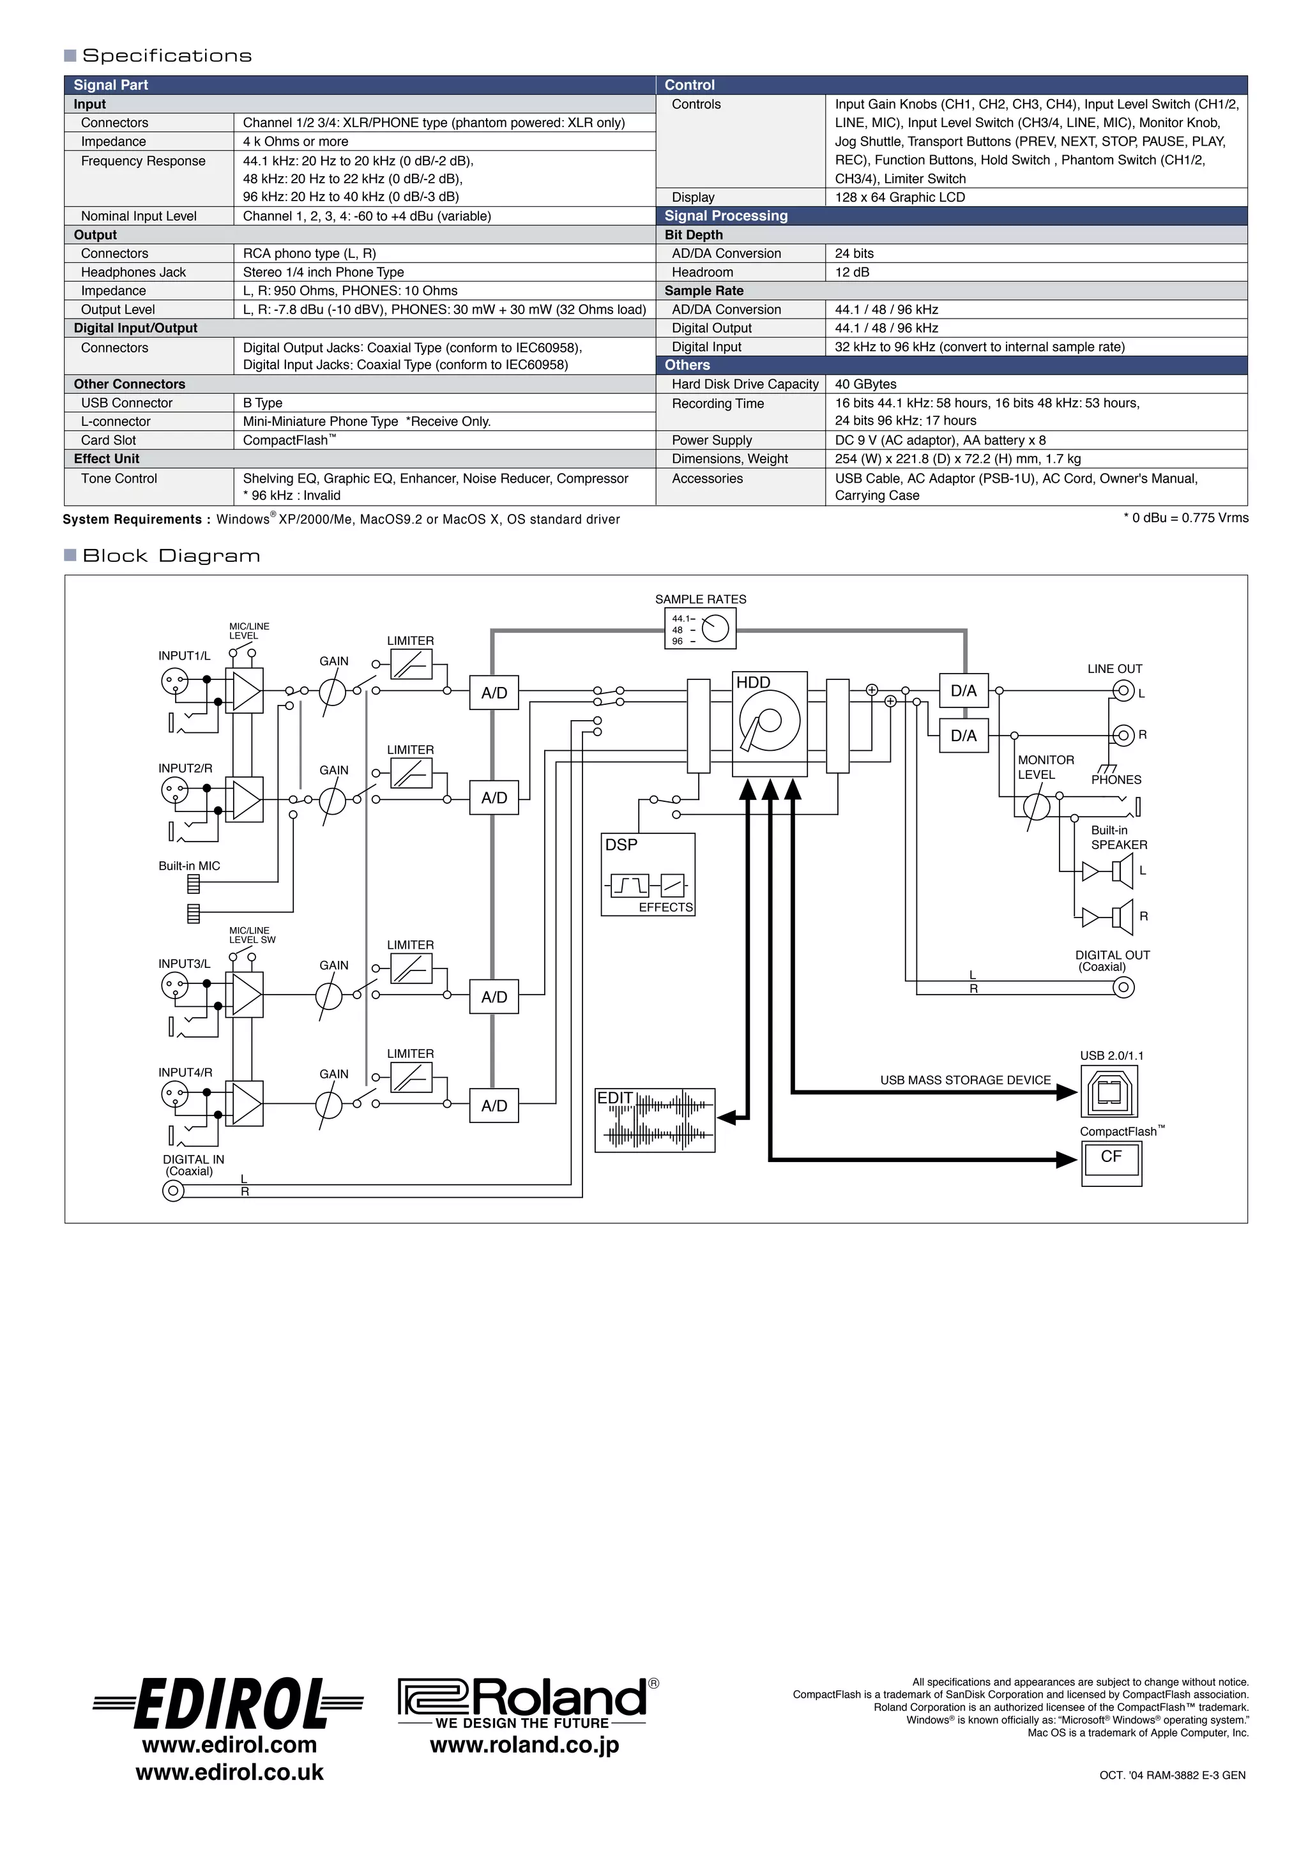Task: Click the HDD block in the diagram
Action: click(769, 723)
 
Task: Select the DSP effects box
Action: click(648, 875)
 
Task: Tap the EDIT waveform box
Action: click(655, 1121)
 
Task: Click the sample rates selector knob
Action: click(715, 628)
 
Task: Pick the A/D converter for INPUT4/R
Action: click(494, 1106)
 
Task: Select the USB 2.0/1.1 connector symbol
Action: click(1109, 1092)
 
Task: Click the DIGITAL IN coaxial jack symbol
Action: click(173, 1191)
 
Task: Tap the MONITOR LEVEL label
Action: click(1046, 767)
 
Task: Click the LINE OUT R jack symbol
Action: click(1123, 736)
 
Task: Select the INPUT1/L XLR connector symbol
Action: click(174, 682)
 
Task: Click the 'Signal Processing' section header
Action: click(726, 216)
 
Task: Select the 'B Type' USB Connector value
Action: click(262, 403)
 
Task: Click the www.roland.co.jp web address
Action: click(524, 1745)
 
